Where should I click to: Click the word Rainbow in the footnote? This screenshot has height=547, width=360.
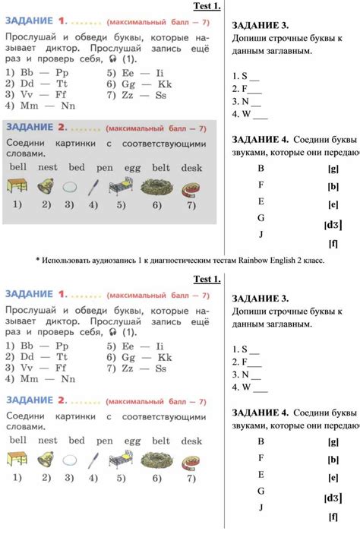(254, 261)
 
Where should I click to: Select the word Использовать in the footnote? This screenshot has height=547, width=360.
(71, 261)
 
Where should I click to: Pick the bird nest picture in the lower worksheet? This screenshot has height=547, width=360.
(156, 459)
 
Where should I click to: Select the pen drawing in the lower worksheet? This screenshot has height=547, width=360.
(93, 459)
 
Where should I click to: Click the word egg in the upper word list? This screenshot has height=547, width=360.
(132, 166)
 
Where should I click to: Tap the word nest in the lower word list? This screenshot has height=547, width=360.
(47, 440)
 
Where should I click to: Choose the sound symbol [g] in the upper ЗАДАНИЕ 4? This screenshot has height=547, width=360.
(333, 169)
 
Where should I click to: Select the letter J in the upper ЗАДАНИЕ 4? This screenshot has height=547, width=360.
(261, 234)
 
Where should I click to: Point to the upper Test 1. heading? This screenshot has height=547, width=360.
(207, 7)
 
